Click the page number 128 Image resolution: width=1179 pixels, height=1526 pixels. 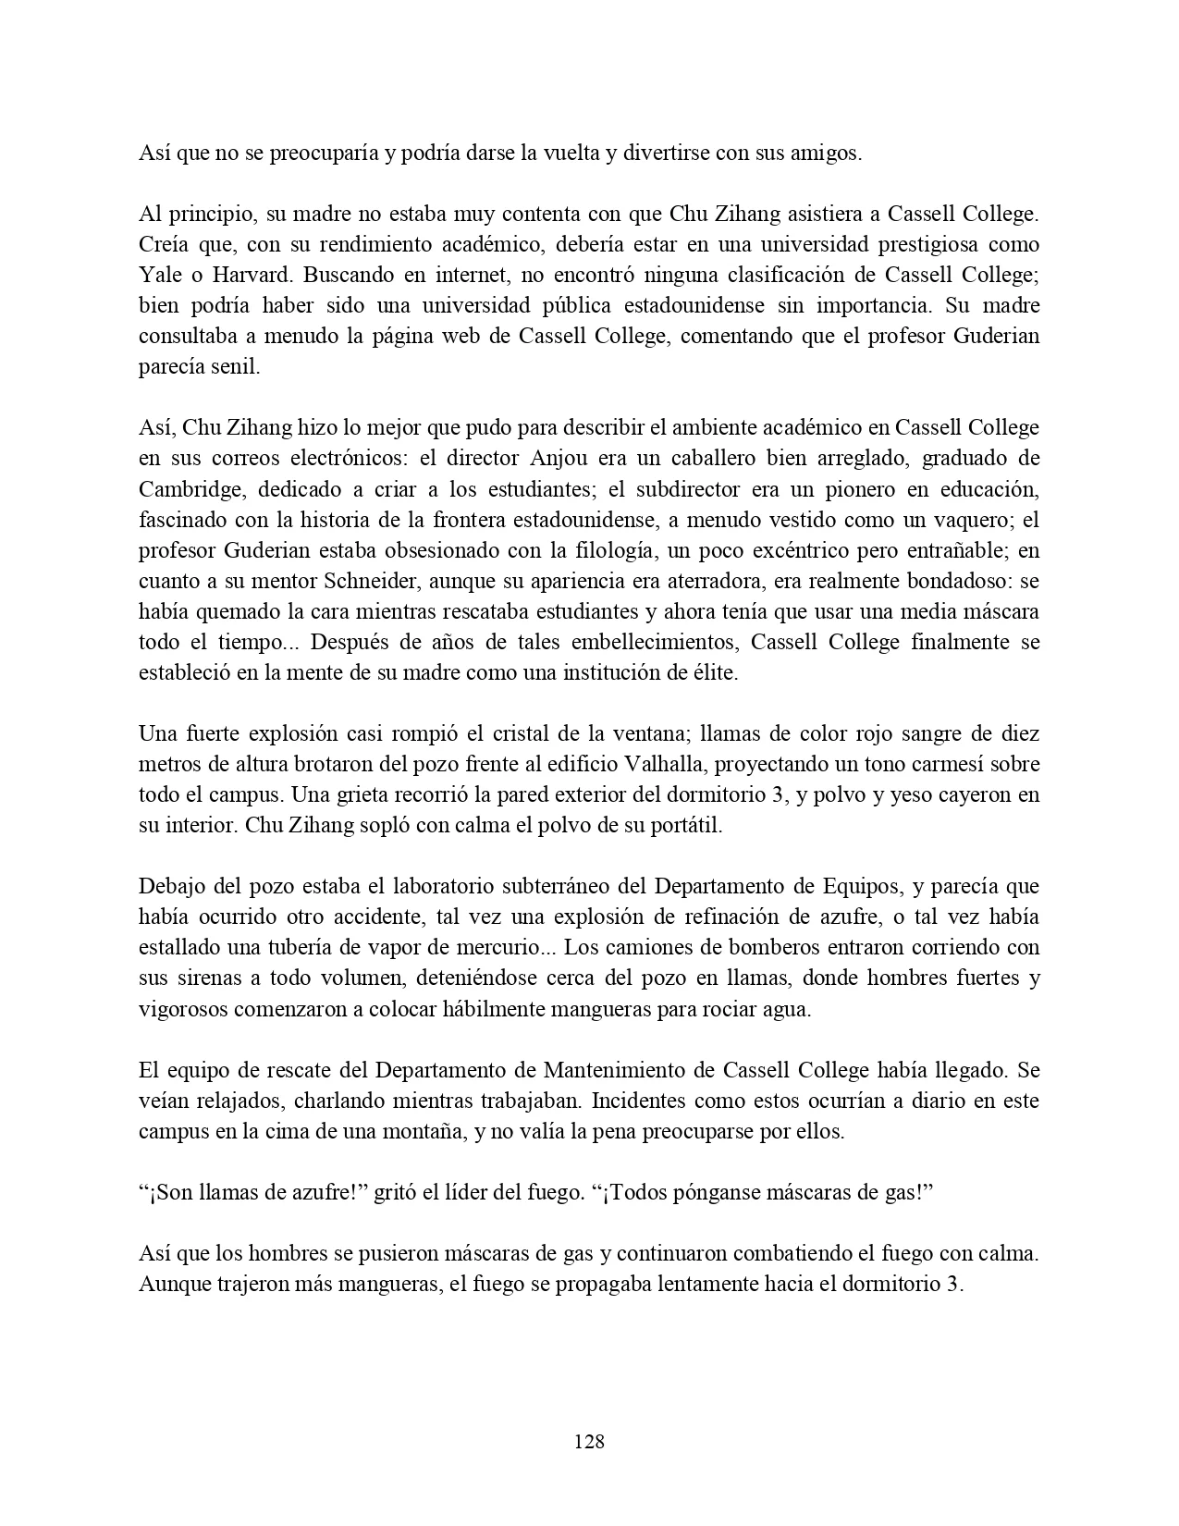[589, 1441]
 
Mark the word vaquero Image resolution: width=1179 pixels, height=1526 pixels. [979, 519]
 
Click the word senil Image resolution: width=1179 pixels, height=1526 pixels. [236, 366]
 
